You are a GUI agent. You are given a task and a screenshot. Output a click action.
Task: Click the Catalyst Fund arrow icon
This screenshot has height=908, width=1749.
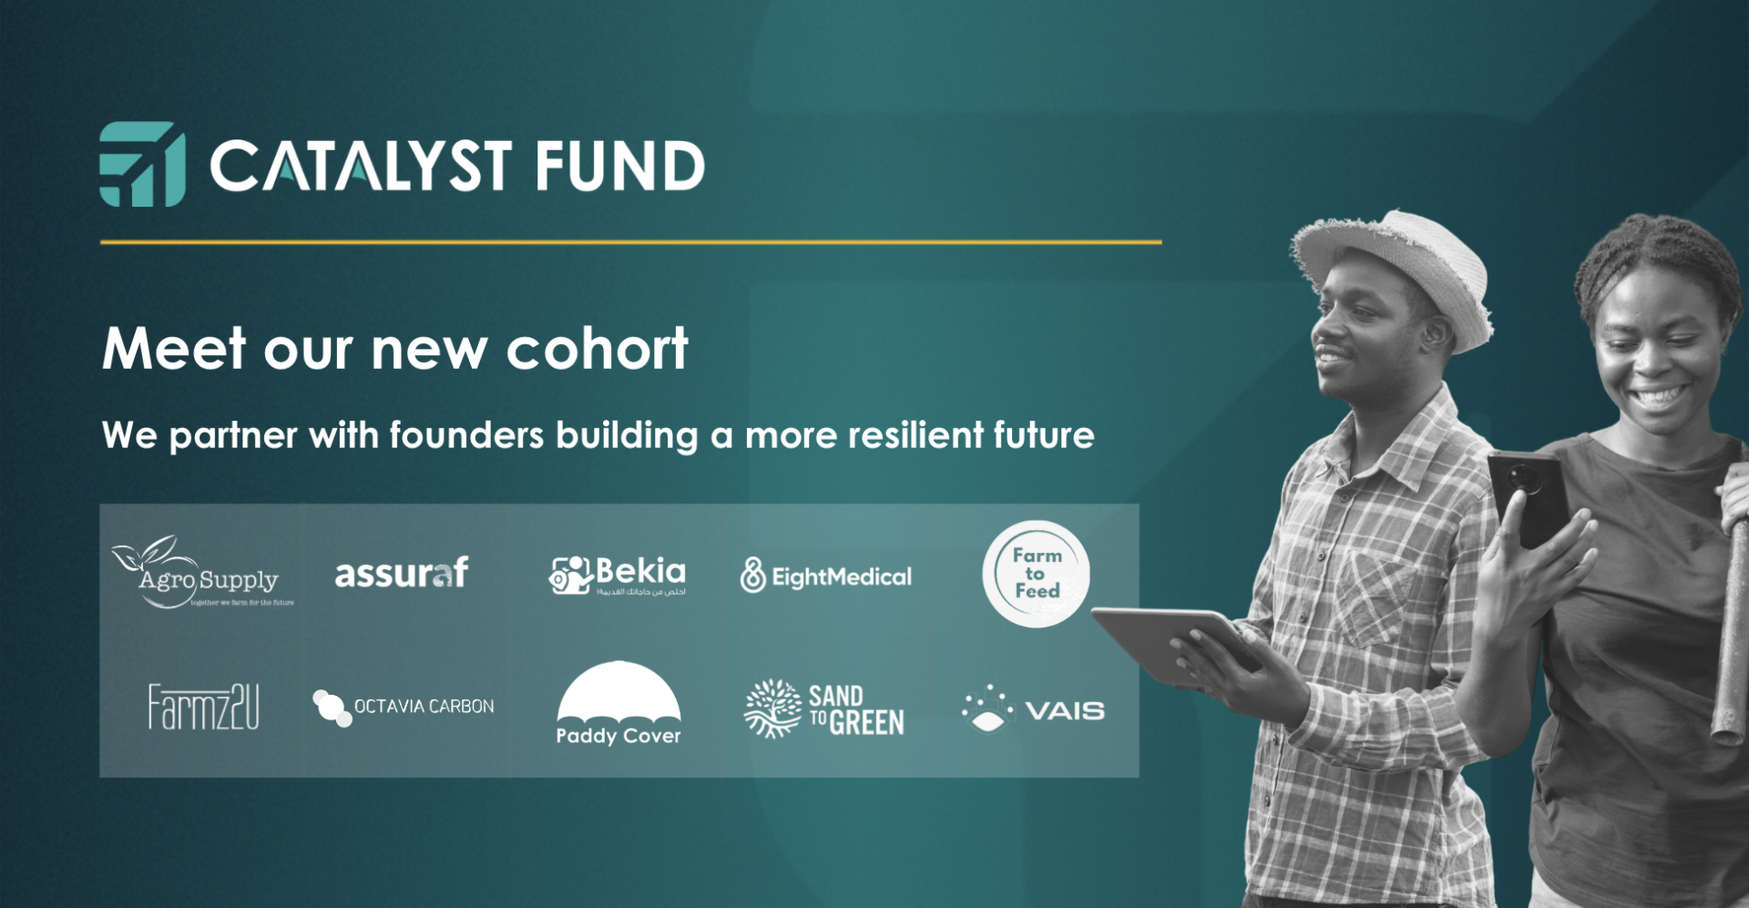[x=143, y=165]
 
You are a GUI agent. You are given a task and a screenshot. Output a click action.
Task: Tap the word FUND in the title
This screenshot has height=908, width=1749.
[x=619, y=167]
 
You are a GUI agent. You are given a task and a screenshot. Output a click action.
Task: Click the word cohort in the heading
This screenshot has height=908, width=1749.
[x=597, y=349]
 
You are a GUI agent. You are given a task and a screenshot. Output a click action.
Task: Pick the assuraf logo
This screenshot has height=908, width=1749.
[x=402, y=574]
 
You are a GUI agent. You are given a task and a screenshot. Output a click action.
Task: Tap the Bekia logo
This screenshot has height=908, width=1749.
[x=618, y=575]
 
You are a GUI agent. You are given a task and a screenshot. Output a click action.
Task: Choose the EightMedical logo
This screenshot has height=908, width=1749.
[x=826, y=576]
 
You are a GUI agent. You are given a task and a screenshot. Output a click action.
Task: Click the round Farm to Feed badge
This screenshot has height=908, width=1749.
[x=1036, y=574]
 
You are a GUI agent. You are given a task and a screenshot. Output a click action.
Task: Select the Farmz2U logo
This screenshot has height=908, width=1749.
[x=203, y=708]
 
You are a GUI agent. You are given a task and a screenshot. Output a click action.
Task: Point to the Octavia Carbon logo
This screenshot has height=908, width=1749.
[x=403, y=708]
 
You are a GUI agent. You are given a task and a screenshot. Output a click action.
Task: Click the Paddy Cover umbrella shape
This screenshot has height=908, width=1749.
[x=619, y=692]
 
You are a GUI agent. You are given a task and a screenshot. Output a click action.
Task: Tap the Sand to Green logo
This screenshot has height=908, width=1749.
[x=824, y=709]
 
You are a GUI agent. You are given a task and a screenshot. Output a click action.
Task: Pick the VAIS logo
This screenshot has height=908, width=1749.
[x=1033, y=710]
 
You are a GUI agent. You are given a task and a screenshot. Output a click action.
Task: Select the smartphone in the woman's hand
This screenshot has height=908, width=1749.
[x=1529, y=496]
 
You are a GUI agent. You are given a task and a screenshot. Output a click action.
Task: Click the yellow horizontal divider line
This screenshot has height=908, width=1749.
[x=630, y=242]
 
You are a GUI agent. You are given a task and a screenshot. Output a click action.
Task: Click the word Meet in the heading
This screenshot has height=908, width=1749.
[x=174, y=349]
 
